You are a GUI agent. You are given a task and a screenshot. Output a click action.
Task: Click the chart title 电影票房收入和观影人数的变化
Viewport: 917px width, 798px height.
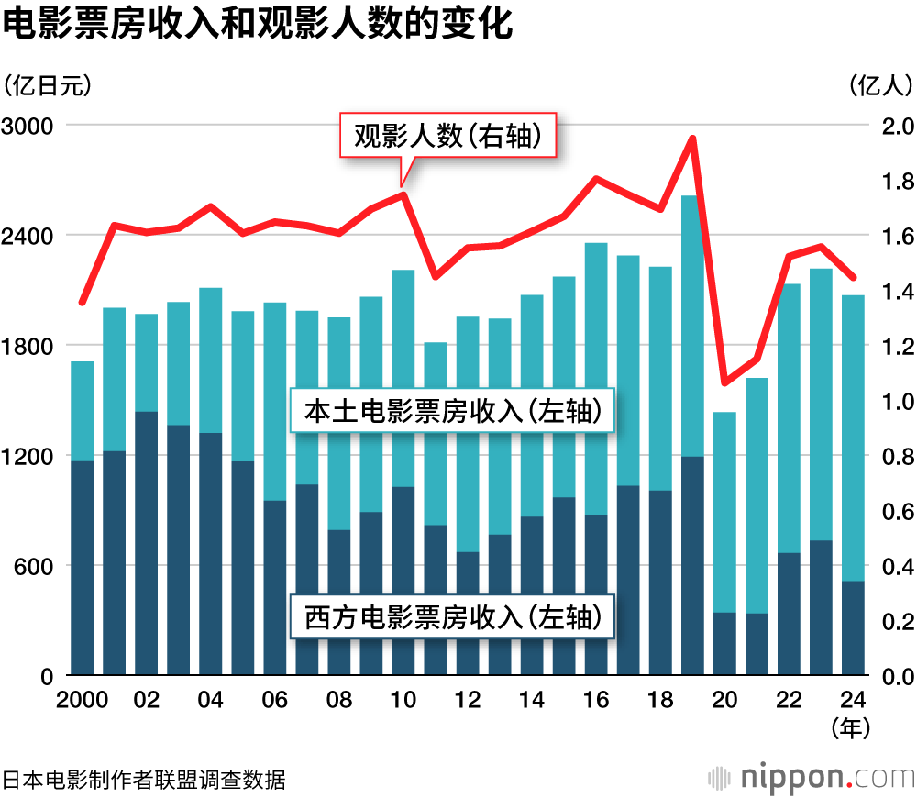pos(257,25)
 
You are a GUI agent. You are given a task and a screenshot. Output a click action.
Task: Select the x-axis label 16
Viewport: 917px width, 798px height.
pos(596,700)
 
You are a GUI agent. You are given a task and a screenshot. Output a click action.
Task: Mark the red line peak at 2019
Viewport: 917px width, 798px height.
pos(692,139)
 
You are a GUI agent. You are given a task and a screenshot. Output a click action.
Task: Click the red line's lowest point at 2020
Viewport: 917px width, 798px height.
pos(724,382)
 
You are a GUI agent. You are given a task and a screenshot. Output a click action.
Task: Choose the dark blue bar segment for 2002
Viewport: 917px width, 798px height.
pos(146,541)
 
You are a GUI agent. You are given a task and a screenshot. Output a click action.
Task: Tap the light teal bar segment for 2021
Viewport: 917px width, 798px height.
pos(757,495)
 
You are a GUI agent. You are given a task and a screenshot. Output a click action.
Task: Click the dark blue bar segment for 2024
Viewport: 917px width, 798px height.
pos(853,628)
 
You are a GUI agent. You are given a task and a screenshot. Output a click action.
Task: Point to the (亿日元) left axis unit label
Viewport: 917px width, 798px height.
pos(48,85)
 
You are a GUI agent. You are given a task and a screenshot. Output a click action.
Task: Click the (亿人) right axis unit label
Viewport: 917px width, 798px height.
pos(880,85)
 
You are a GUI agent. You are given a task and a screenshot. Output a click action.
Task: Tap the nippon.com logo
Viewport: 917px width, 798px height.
pos(812,778)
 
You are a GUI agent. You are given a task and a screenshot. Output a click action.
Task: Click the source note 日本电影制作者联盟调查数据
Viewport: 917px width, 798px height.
pos(144,781)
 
